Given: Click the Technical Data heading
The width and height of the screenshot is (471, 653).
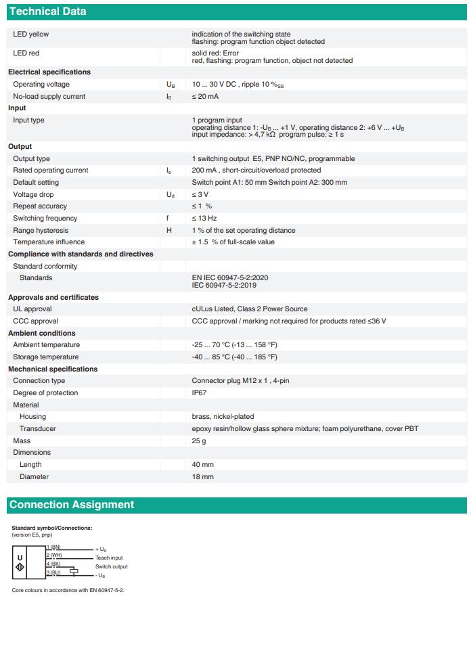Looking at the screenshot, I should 47,12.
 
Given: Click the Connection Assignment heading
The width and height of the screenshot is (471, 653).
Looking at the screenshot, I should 71,505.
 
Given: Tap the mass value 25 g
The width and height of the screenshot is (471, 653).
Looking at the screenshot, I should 199,441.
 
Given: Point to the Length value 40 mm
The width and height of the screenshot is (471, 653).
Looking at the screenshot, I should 202,464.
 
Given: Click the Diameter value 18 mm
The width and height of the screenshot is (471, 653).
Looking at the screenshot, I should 202,476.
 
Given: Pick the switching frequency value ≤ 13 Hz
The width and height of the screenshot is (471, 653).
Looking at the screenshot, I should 204,218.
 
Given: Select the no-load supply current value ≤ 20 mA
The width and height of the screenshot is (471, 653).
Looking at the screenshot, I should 205,96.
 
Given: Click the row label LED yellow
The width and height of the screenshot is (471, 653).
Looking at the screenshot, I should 31,34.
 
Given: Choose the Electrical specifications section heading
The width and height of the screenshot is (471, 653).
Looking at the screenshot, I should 49,72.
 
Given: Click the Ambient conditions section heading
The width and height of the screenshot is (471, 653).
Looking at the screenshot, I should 42,333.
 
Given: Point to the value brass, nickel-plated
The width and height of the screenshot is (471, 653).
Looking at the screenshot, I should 223,416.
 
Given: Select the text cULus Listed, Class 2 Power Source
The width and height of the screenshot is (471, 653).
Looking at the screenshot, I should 249,309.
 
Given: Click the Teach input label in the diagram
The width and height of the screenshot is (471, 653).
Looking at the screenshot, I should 109,558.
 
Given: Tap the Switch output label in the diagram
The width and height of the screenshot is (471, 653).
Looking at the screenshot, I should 111,566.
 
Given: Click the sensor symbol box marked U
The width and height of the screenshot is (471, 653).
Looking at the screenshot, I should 20,562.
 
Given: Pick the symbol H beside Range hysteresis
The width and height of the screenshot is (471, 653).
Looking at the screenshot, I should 169,230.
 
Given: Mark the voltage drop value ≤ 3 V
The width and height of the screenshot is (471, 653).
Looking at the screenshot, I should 200,194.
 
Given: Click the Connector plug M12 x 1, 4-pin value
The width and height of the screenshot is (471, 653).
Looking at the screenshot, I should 240,380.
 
